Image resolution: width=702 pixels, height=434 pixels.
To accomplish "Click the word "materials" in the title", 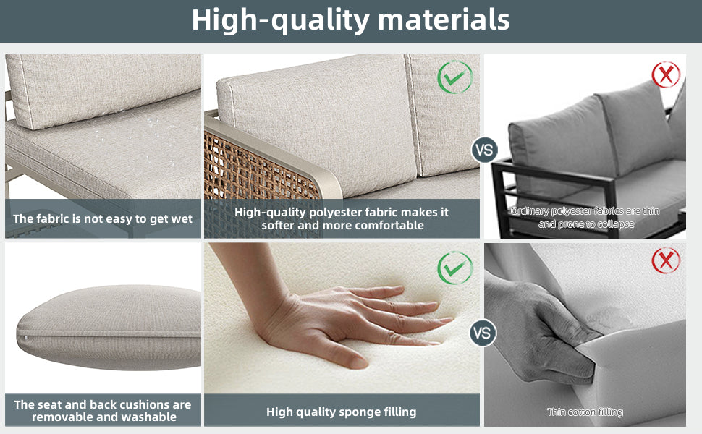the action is (444, 20).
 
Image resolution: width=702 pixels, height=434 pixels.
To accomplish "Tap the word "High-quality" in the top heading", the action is (280, 20).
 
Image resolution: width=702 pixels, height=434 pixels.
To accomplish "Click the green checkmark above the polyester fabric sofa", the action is (455, 77).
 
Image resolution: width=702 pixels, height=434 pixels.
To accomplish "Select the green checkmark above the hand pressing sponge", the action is (455, 268).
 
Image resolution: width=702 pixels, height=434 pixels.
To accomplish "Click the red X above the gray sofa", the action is (666, 75).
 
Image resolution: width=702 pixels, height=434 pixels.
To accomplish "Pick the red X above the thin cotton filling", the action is (666, 260).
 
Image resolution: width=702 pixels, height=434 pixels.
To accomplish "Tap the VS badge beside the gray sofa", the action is (484, 150).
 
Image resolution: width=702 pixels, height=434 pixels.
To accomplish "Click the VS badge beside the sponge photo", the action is (483, 333).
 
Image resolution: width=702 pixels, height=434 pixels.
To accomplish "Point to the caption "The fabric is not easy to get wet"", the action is (103, 218).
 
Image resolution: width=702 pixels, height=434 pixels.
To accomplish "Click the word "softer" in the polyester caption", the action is (278, 225).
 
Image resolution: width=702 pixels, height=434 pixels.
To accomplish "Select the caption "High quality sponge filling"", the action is (341, 412).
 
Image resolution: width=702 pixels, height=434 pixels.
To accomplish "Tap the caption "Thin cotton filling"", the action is (585, 412).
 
